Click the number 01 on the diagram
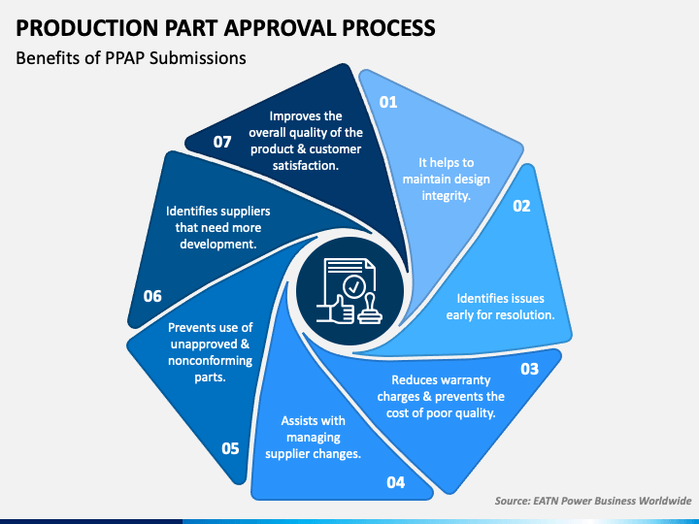click(387, 102)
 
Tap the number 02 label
click(521, 206)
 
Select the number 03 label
click(530, 369)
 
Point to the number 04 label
click(395, 482)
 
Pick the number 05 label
click(230, 448)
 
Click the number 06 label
click(152, 296)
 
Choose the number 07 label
click(222, 142)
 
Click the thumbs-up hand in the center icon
click(335, 309)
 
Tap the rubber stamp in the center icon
click(370, 309)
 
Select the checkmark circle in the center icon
click(354, 287)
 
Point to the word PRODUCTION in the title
click(87, 27)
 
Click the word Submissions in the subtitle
click(197, 58)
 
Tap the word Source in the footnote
click(513, 501)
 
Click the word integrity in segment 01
click(447, 195)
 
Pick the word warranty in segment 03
click(466, 380)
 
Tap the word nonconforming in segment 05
click(210, 360)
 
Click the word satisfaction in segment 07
click(306, 165)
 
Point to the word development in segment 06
click(218, 245)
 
